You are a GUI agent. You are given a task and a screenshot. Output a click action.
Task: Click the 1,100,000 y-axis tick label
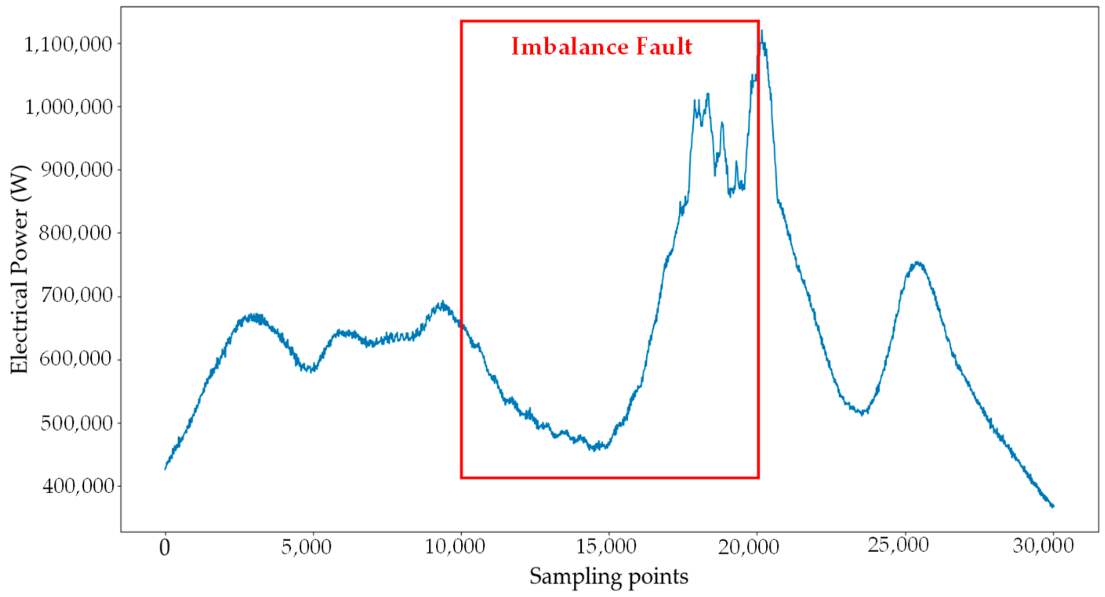(68, 45)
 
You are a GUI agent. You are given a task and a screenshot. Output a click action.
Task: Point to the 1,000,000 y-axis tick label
(69, 107)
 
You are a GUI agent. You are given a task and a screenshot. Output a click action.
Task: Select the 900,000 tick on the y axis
(76, 170)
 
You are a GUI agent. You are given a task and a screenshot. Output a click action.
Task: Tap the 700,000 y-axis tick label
(76, 296)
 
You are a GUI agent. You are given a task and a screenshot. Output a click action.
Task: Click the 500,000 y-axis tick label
(76, 423)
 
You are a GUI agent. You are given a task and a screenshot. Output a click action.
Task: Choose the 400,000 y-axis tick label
(77, 486)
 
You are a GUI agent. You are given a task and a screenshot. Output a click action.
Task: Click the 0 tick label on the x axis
(165, 548)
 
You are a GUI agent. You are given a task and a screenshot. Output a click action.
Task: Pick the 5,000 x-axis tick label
(306, 547)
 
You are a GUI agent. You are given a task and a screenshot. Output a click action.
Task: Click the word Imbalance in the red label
(570, 47)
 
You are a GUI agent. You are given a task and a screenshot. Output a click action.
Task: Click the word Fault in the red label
(664, 47)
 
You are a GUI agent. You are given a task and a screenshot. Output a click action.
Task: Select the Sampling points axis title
(608, 577)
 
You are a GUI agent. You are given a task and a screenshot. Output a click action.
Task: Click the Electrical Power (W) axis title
(20, 269)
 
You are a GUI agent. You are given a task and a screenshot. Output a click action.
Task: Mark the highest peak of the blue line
(762, 31)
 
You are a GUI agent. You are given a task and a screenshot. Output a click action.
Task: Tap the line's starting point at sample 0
(165, 469)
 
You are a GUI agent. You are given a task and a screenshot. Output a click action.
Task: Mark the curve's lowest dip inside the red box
(594, 450)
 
